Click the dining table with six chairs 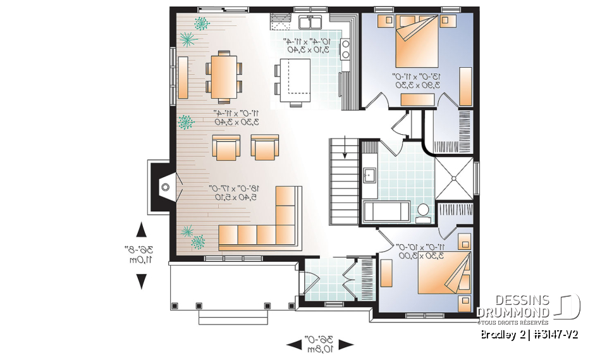[224, 77]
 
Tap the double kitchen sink [309, 23]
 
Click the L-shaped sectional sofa [266, 228]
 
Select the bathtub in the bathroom [387, 211]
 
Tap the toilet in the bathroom [422, 212]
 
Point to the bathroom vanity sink [370, 174]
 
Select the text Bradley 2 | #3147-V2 [529, 333]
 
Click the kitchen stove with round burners [346, 49]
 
